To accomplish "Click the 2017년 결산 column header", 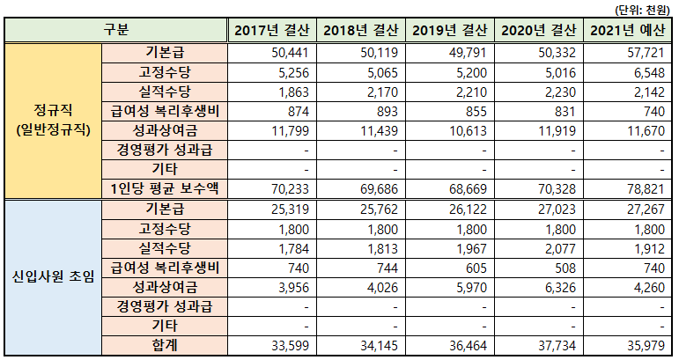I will tap(271, 31).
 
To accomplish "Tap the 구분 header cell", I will tap(115, 31).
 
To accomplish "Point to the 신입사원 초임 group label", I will tap(53, 277).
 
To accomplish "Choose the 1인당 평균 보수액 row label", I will tap(165, 187).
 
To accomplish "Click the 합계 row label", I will tap(165, 344).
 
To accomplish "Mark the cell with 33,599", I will tap(289, 344).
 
